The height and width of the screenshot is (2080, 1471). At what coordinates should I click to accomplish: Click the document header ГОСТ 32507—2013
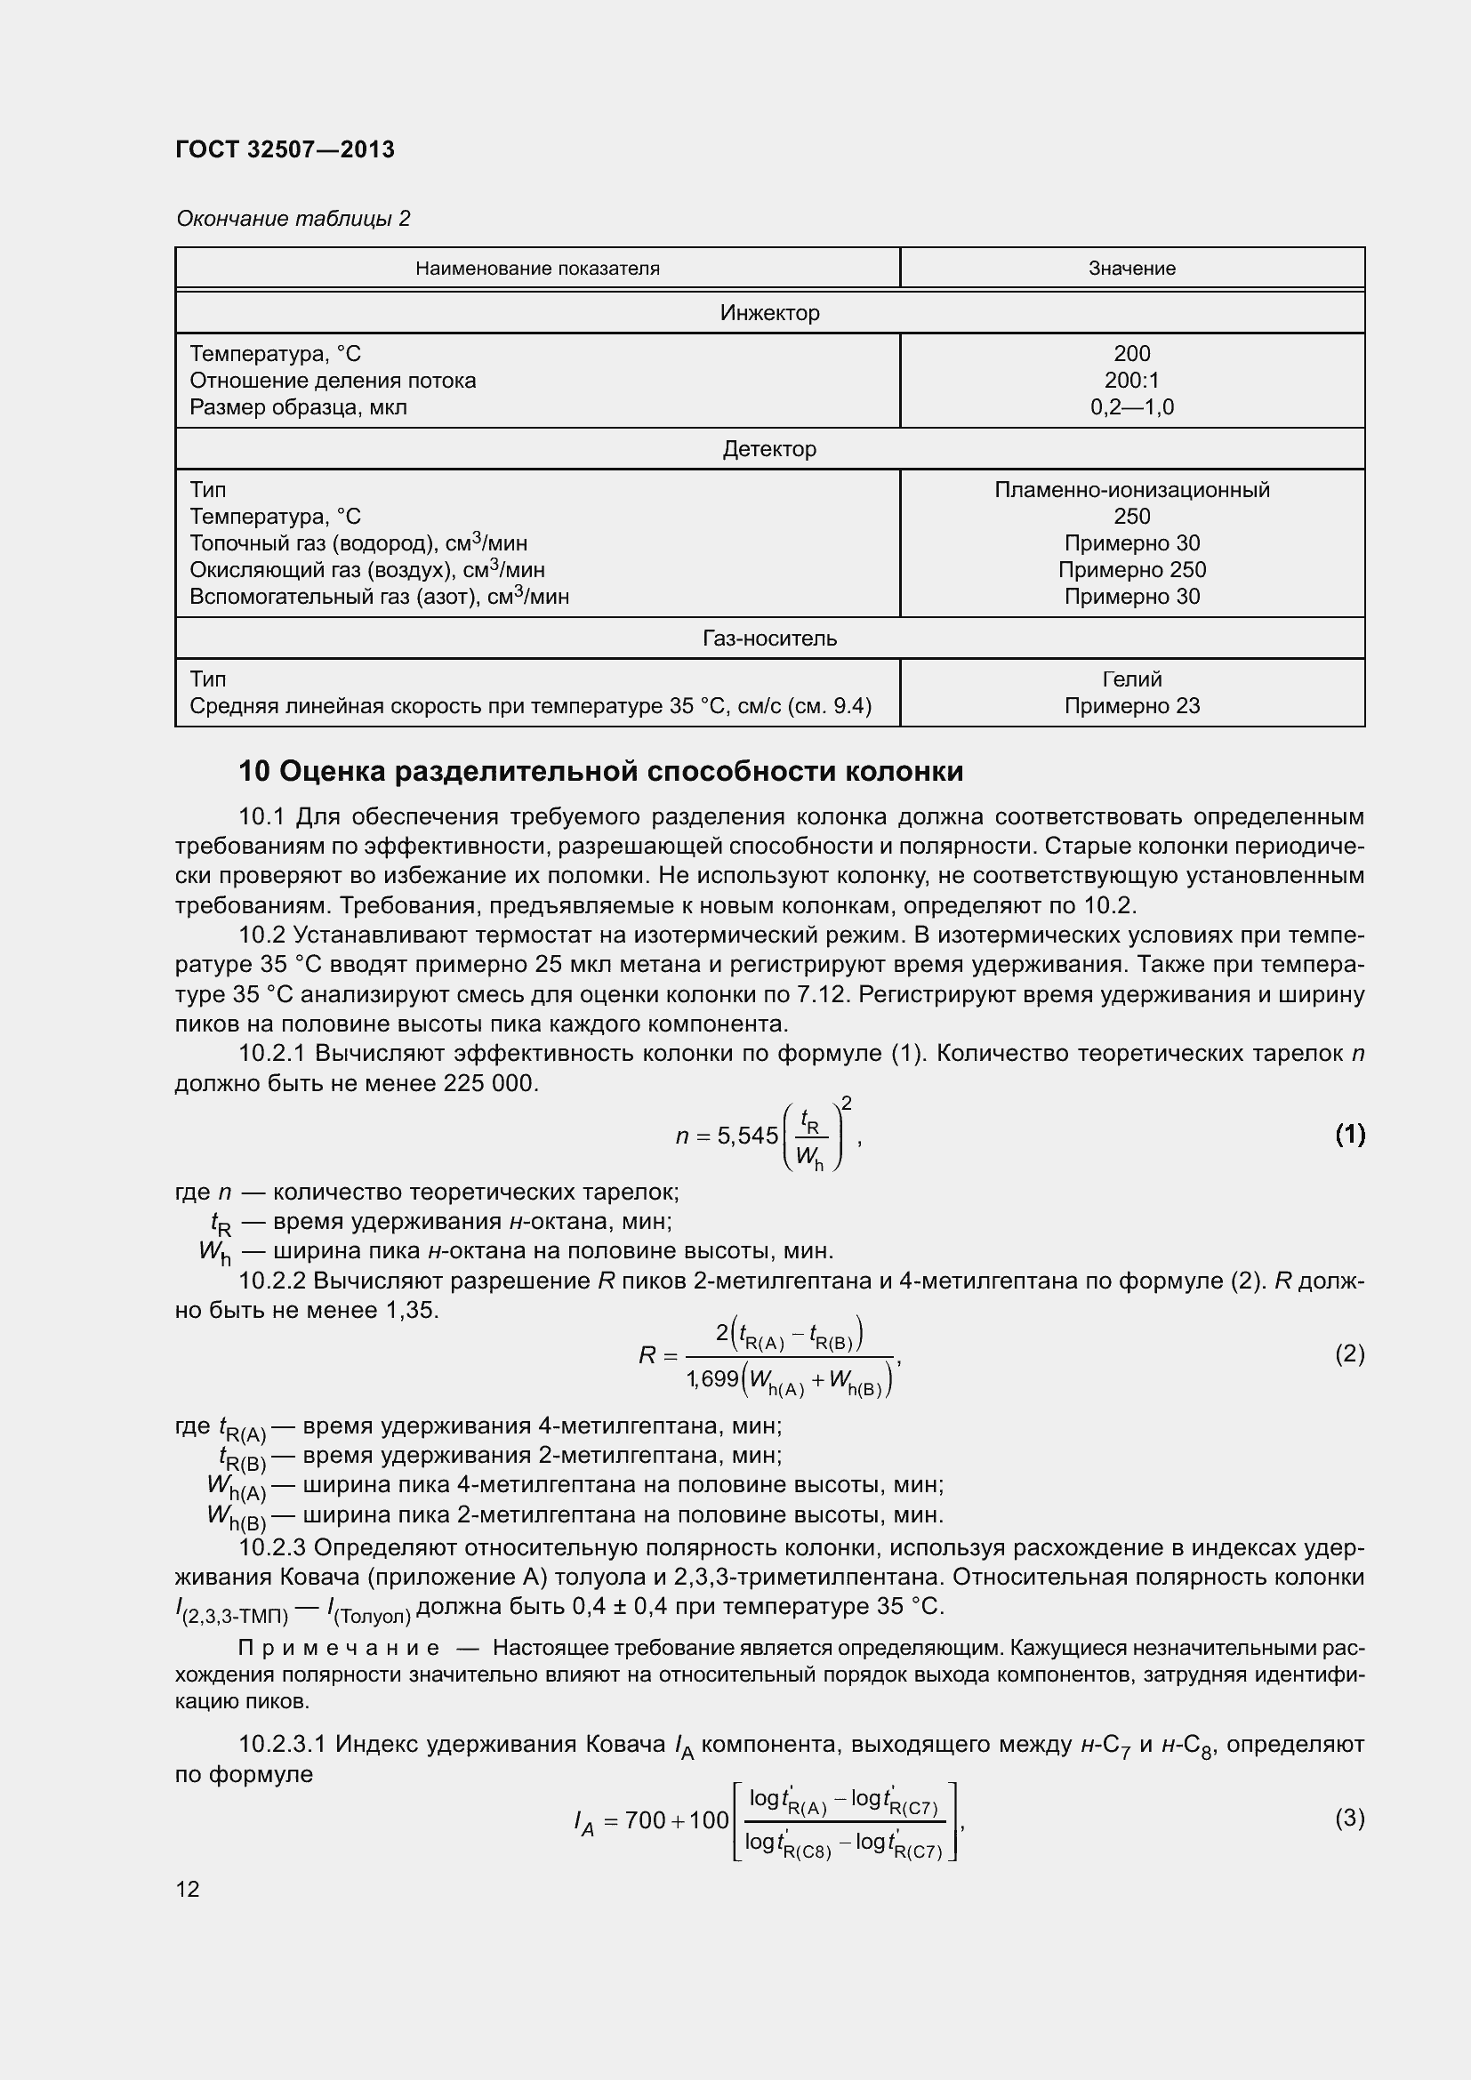285,149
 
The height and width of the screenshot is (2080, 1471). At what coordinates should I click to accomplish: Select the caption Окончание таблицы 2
293,219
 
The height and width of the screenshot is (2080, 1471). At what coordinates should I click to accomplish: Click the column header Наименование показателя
537,269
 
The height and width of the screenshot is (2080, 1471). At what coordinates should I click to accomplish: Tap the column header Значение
1132,269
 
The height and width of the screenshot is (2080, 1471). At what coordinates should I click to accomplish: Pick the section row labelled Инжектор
769,312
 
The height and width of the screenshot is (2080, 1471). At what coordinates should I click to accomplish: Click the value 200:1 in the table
1132,381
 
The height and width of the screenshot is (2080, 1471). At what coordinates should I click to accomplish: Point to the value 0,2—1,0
1132,407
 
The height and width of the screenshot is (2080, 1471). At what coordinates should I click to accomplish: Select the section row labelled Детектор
769,449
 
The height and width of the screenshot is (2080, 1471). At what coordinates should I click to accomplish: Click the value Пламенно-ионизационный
1132,490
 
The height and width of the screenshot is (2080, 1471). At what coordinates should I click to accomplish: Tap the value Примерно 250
1132,570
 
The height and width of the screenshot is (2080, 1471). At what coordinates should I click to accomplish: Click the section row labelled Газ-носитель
769,638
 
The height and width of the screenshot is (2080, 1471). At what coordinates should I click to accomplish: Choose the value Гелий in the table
1132,679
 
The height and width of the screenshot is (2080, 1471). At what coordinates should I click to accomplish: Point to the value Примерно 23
1132,706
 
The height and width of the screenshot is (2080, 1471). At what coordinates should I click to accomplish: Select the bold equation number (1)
1349,1134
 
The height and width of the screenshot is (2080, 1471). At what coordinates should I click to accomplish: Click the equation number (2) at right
1349,1354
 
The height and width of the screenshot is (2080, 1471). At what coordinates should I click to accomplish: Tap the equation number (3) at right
1349,1819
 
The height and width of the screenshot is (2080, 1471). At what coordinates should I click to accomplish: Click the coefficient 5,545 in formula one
747,1135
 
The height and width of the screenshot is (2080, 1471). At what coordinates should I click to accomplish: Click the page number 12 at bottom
188,1890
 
